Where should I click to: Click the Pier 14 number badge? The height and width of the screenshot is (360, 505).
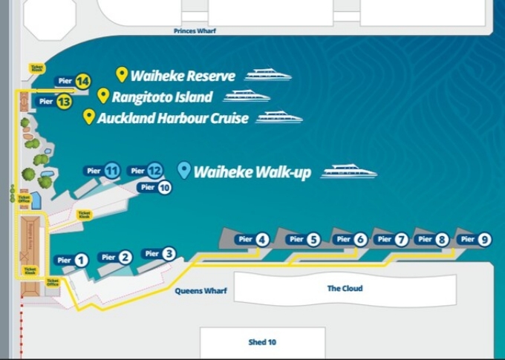(x=82, y=80)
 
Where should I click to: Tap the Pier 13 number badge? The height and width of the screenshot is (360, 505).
(x=64, y=101)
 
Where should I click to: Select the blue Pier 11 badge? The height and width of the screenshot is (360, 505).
(x=112, y=171)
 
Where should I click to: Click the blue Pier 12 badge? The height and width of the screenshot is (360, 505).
(x=154, y=171)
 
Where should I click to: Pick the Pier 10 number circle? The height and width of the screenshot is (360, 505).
(x=164, y=188)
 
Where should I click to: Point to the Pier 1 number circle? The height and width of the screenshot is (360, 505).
(x=82, y=260)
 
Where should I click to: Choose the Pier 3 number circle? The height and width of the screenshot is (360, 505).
(x=169, y=253)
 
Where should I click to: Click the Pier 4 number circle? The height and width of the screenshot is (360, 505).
(x=262, y=239)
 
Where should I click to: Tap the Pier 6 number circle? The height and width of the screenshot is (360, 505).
(x=360, y=239)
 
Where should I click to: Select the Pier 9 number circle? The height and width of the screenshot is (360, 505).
(x=484, y=239)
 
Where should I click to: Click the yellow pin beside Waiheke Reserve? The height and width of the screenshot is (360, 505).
(x=123, y=74)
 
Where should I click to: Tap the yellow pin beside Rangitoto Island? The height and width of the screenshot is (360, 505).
(x=104, y=96)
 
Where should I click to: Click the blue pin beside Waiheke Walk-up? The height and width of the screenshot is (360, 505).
(x=184, y=171)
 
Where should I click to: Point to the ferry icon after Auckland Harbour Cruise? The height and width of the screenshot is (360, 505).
(x=279, y=117)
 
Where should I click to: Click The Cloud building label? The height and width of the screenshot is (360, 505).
(x=345, y=288)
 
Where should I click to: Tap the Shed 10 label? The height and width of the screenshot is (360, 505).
(x=262, y=342)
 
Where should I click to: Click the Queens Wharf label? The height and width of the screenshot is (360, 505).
(x=201, y=291)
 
